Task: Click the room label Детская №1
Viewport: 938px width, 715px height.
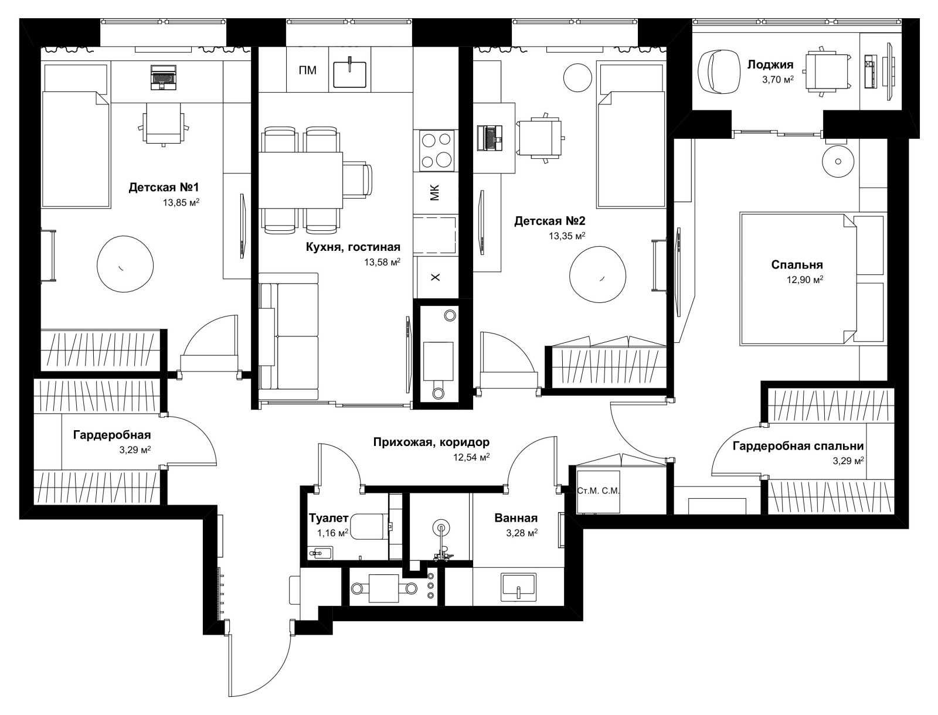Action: pyautogui.click(x=164, y=188)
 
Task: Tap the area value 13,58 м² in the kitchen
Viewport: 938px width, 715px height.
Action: pyautogui.click(x=382, y=262)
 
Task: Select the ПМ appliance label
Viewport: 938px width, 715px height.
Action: pyautogui.click(x=308, y=70)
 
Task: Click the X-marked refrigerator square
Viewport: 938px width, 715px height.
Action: pyautogui.click(x=436, y=277)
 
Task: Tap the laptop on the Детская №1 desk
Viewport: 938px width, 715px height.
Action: pyautogui.click(x=164, y=77)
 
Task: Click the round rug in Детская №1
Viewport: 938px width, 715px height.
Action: pyautogui.click(x=125, y=264)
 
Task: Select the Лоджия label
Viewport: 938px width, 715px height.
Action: pyautogui.click(x=770, y=64)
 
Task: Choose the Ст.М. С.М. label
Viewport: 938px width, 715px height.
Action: pyautogui.click(x=598, y=491)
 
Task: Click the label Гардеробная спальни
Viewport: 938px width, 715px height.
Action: pyautogui.click(x=798, y=446)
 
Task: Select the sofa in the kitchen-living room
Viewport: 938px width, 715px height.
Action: pyautogui.click(x=289, y=331)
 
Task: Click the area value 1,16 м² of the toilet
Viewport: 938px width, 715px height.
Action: pyautogui.click(x=332, y=533)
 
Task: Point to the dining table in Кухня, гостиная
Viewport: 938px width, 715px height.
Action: pyautogui.click(x=300, y=180)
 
